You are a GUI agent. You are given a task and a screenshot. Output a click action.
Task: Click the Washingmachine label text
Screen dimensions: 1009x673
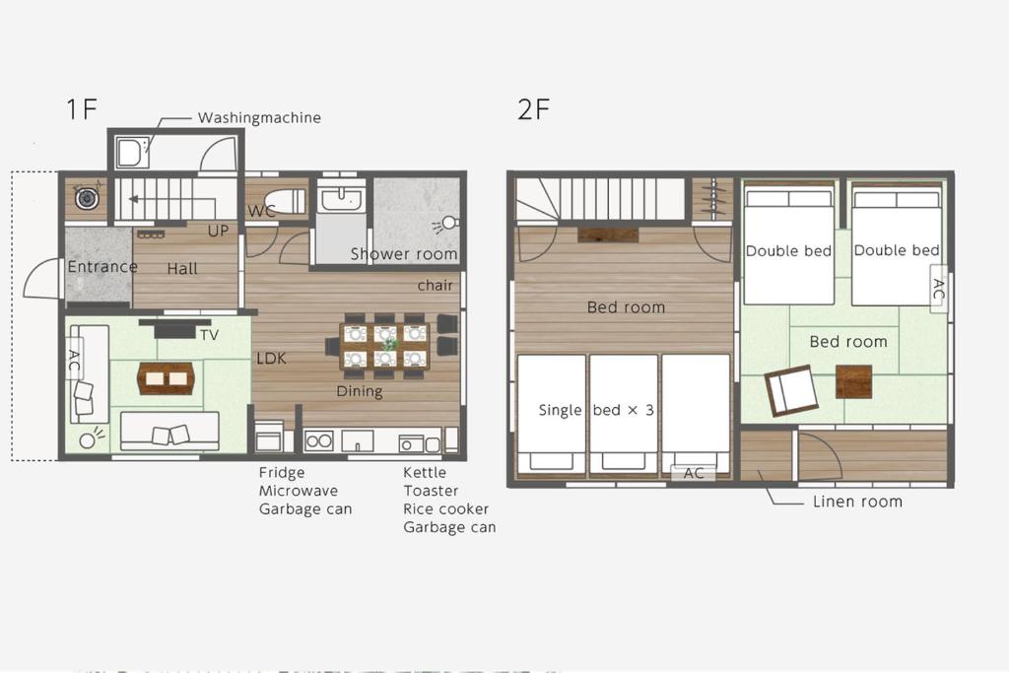[x=259, y=117]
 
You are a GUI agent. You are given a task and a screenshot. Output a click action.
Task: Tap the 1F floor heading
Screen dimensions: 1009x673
[x=82, y=108]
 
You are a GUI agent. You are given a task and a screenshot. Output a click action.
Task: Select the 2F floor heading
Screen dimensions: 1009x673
[x=533, y=108]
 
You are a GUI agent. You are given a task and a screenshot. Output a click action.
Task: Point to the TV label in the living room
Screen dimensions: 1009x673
[x=209, y=335]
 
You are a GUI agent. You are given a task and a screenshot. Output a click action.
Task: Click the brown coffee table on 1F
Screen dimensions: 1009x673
[x=166, y=377]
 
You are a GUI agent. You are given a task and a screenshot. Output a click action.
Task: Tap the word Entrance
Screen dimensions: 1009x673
[x=102, y=266]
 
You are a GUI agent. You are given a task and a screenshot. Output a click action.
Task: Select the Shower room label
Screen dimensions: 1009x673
[x=404, y=254]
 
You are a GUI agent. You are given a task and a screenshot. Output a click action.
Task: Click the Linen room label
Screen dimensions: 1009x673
[x=858, y=502]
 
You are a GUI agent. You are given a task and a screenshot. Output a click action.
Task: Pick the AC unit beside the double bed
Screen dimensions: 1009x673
[x=939, y=289]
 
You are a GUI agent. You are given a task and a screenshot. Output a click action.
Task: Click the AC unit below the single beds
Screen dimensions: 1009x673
[x=693, y=473]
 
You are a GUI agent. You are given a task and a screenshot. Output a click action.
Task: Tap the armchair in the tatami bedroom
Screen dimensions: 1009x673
[x=791, y=390]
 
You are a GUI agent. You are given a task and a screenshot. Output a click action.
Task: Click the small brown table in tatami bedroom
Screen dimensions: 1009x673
[x=854, y=381]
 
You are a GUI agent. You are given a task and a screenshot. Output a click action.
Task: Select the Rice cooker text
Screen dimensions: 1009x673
[x=446, y=508]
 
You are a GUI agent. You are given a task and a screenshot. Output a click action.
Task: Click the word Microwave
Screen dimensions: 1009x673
[x=299, y=491]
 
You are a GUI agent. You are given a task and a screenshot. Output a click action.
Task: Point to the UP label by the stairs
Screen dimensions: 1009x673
[x=218, y=231]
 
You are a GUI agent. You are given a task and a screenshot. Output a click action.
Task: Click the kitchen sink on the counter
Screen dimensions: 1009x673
[x=357, y=441]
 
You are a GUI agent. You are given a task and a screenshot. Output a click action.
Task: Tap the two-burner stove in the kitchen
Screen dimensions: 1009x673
[x=318, y=441]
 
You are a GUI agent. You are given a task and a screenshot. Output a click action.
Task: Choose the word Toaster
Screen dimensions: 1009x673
[x=432, y=491]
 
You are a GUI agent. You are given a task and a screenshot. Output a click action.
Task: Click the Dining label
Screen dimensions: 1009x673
[x=360, y=391]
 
